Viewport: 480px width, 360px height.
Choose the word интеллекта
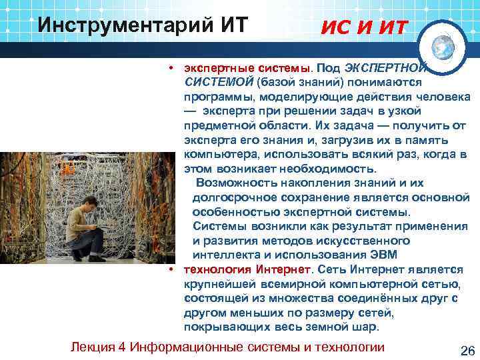(226, 255)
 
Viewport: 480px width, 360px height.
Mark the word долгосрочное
(233, 197)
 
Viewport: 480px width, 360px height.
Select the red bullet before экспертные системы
(172, 69)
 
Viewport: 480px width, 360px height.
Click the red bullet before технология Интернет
(172, 269)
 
